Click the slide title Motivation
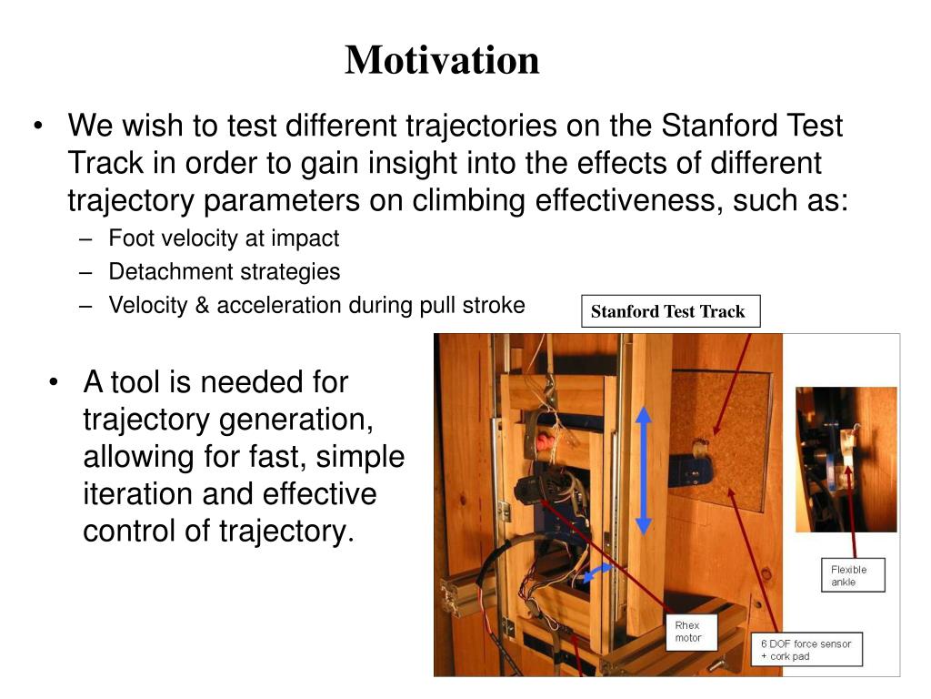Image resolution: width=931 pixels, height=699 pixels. tap(443, 60)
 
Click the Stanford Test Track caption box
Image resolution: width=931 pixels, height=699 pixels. tap(670, 311)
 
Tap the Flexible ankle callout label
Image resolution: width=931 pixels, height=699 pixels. tap(853, 575)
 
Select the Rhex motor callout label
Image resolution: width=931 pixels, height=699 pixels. tap(691, 632)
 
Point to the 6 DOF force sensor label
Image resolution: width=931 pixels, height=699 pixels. tap(806, 649)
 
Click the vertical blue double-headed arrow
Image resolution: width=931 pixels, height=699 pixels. tap(644, 471)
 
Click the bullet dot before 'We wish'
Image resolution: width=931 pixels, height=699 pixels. tap(38, 126)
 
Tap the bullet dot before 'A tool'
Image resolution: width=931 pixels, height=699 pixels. tap(54, 382)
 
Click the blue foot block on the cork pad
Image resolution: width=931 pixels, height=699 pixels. tap(692, 471)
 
